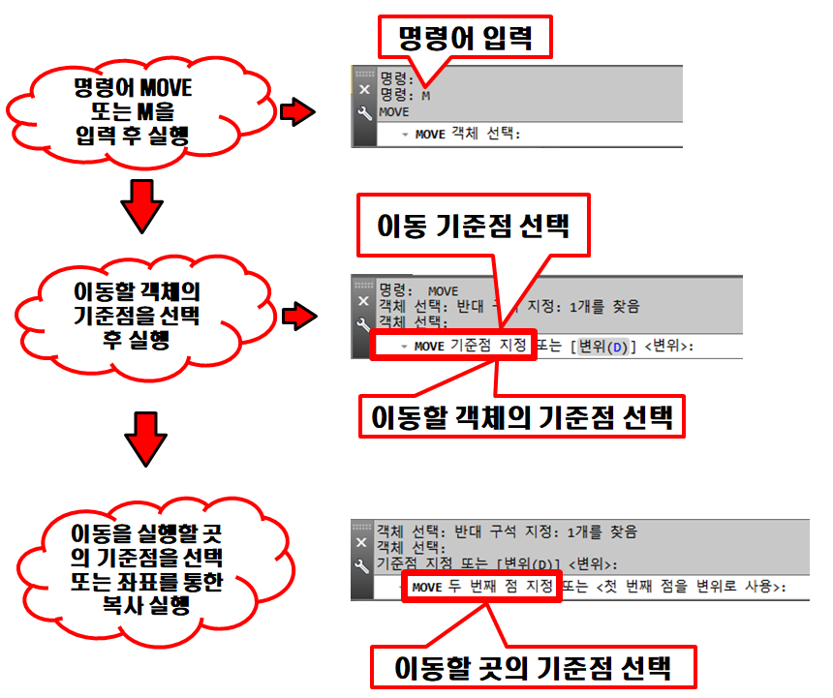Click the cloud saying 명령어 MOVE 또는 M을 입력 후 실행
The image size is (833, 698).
click(x=132, y=112)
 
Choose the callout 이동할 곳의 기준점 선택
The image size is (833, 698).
click(x=533, y=669)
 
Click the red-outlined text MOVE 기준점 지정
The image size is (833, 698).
click(x=452, y=346)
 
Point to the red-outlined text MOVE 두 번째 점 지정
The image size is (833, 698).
click(x=480, y=587)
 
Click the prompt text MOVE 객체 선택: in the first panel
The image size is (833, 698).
click(x=467, y=135)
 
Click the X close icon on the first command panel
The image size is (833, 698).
click(x=364, y=90)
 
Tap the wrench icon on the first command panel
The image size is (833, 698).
click(x=364, y=113)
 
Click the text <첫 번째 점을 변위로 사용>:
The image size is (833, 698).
click(x=692, y=587)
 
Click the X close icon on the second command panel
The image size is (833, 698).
click(x=364, y=301)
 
